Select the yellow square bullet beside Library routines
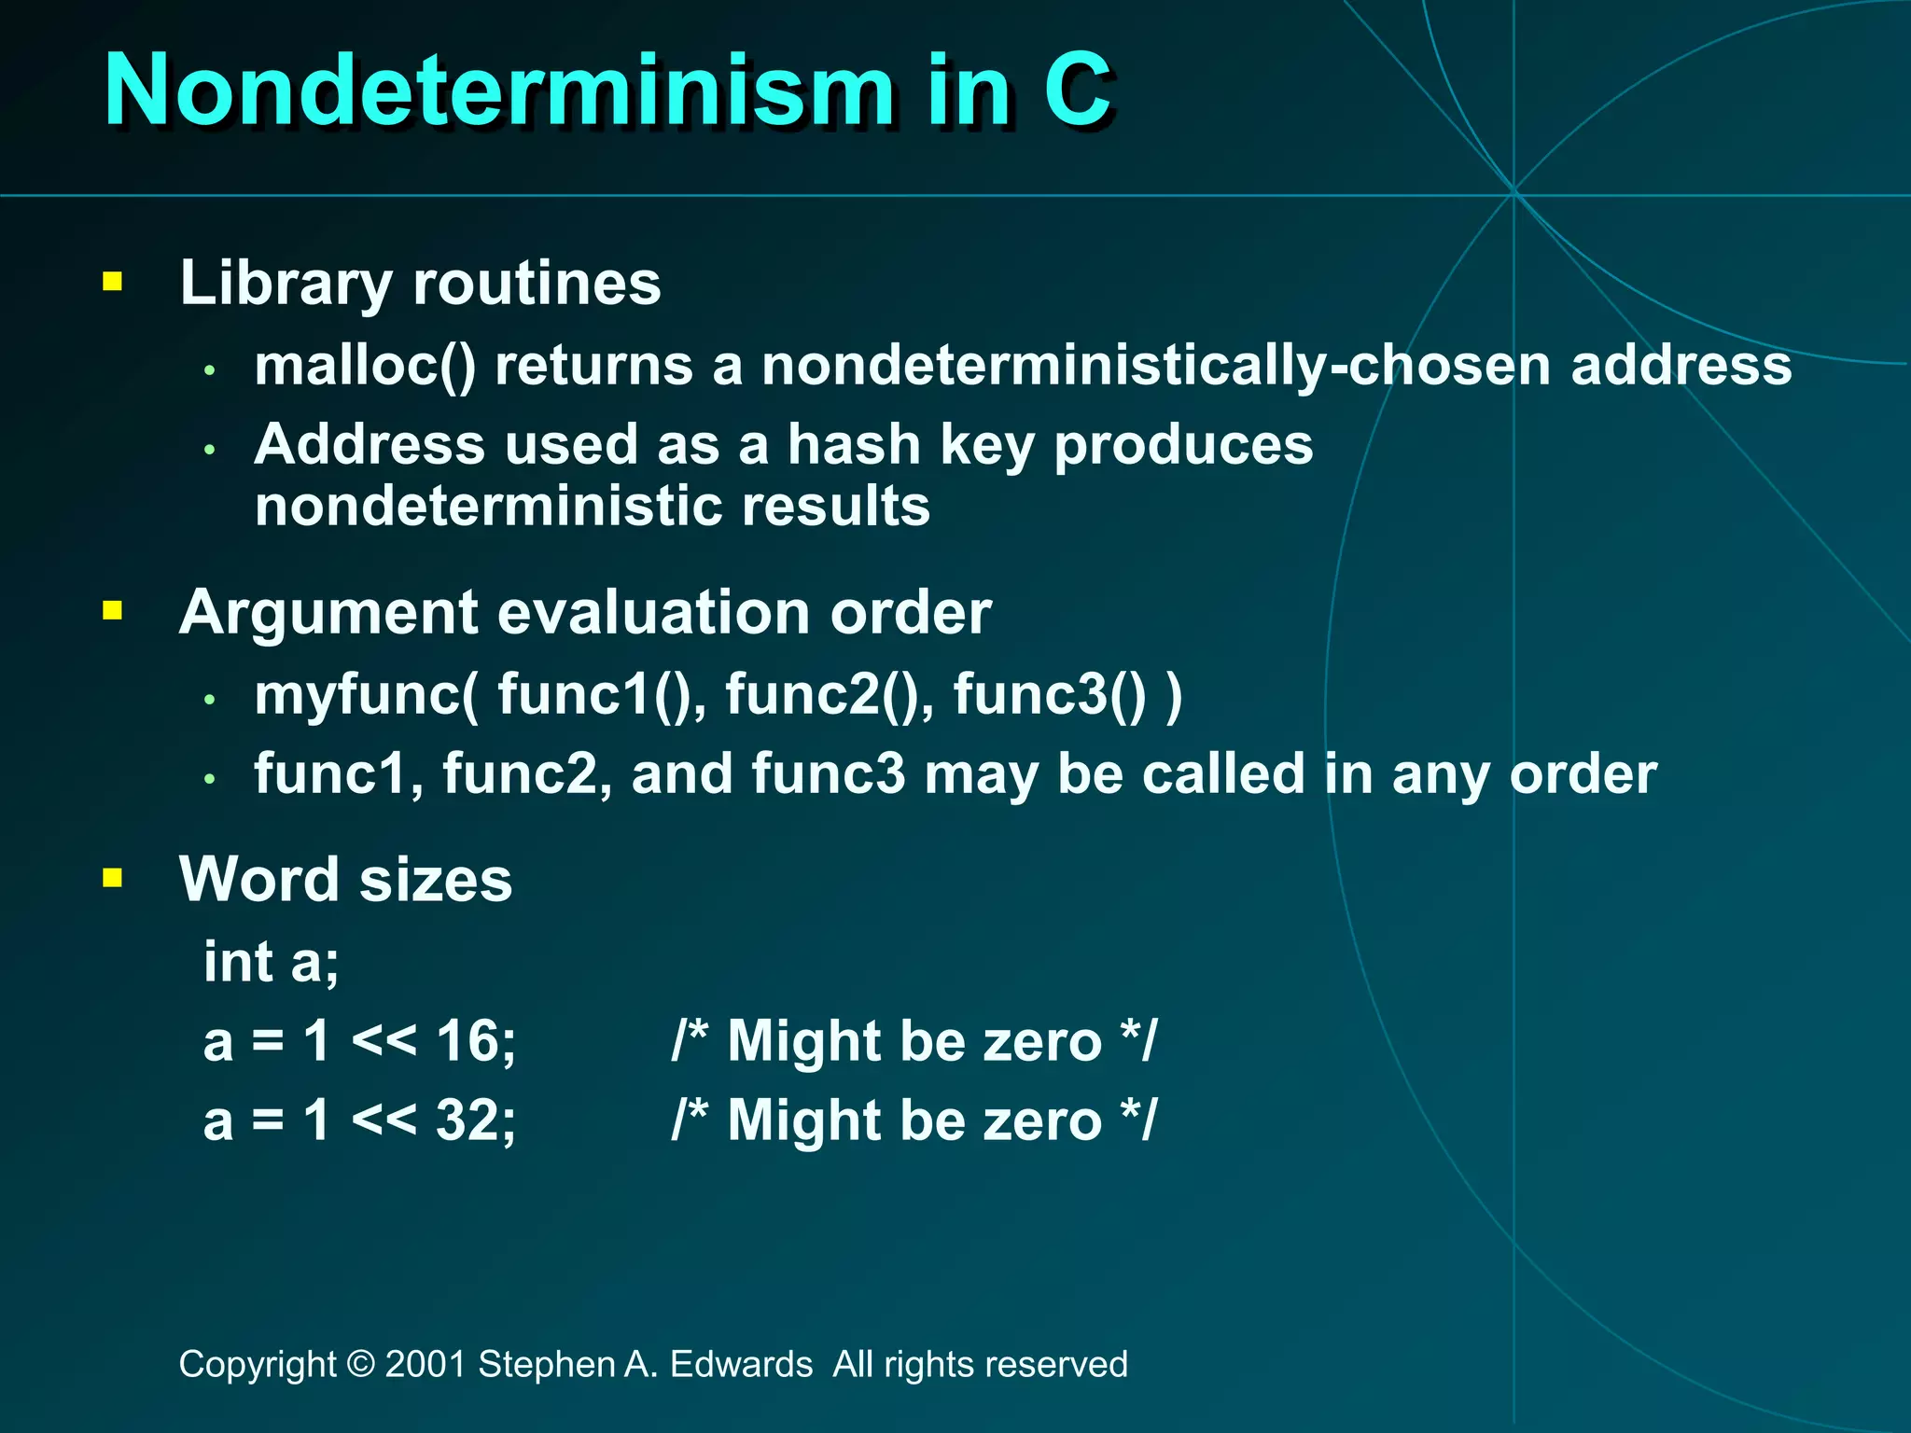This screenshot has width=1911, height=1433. click(x=113, y=282)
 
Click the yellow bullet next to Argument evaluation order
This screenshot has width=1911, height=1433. click(x=113, y=611)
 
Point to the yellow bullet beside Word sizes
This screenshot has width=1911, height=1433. click(x=113, y=878)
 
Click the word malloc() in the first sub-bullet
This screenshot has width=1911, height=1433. click(x=365, y=365)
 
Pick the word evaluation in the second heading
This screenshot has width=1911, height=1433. click(x=653, y=613)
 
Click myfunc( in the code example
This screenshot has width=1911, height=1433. click(x=367, y=695)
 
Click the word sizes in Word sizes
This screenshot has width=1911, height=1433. click(x=436, y=880)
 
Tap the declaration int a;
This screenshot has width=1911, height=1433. click(x=272, y=961)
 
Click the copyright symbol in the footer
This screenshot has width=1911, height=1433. click(x=360, y=1364)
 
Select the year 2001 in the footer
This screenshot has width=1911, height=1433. click(x=425, y=1364)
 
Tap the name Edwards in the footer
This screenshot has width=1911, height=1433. click(x=741, y=1364)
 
